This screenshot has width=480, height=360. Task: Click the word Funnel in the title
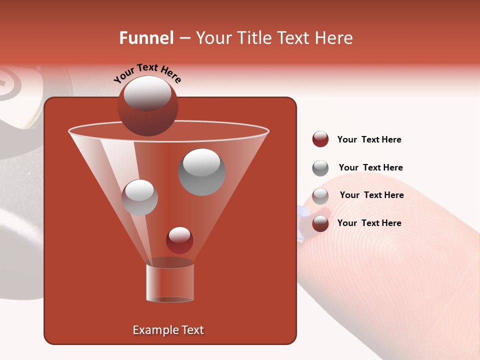tap(146, 38)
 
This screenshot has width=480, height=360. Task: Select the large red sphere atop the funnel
tap(147, 106)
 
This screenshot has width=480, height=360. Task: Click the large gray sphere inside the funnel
tap(201, 172)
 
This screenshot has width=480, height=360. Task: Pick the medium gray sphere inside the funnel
tap(139, 197)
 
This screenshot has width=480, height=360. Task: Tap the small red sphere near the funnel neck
tap(179, 240)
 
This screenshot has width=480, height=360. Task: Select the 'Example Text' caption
tap(168, 330)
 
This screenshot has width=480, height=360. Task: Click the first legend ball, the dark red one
tap(320, 139)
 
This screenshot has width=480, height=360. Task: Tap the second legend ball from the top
tap(320, 168)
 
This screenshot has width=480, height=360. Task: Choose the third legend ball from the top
tap(320, 196)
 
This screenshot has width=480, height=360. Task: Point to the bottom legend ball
tap(320, 223)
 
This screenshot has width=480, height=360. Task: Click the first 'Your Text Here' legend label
tap(369, 139)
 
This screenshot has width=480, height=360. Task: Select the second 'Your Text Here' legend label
tap(370, 167)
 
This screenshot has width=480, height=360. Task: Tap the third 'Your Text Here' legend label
tap(371, 195)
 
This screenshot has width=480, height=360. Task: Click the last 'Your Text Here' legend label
tap(369, 223)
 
